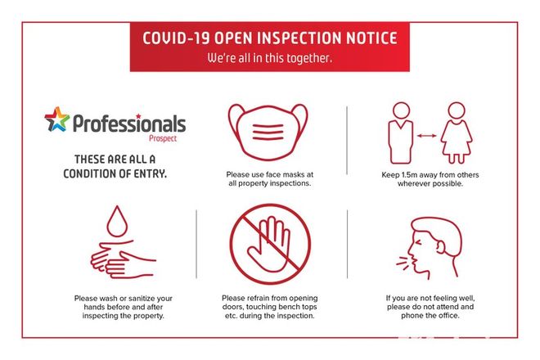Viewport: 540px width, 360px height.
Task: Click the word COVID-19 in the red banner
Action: tap(176, 38)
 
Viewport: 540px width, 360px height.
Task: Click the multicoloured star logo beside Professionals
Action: tap(56, 119)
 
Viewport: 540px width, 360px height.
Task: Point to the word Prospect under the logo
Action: tap(163, 138)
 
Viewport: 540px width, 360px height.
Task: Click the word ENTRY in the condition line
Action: tap(151, 173)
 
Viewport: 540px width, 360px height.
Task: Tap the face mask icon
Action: tap(268, 132)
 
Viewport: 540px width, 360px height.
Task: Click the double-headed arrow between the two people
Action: tap(427, 136)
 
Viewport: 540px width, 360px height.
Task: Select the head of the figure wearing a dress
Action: tap(457, 110)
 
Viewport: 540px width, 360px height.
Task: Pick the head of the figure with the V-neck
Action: tap(402, 110)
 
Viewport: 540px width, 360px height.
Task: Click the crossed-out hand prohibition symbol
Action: tap(270, 244)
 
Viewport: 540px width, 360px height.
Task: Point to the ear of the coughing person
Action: tap(441, 246)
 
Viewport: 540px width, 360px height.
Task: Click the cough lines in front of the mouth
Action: tap(403, 263)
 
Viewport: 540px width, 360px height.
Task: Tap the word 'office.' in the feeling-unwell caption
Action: tap(448, 316)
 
